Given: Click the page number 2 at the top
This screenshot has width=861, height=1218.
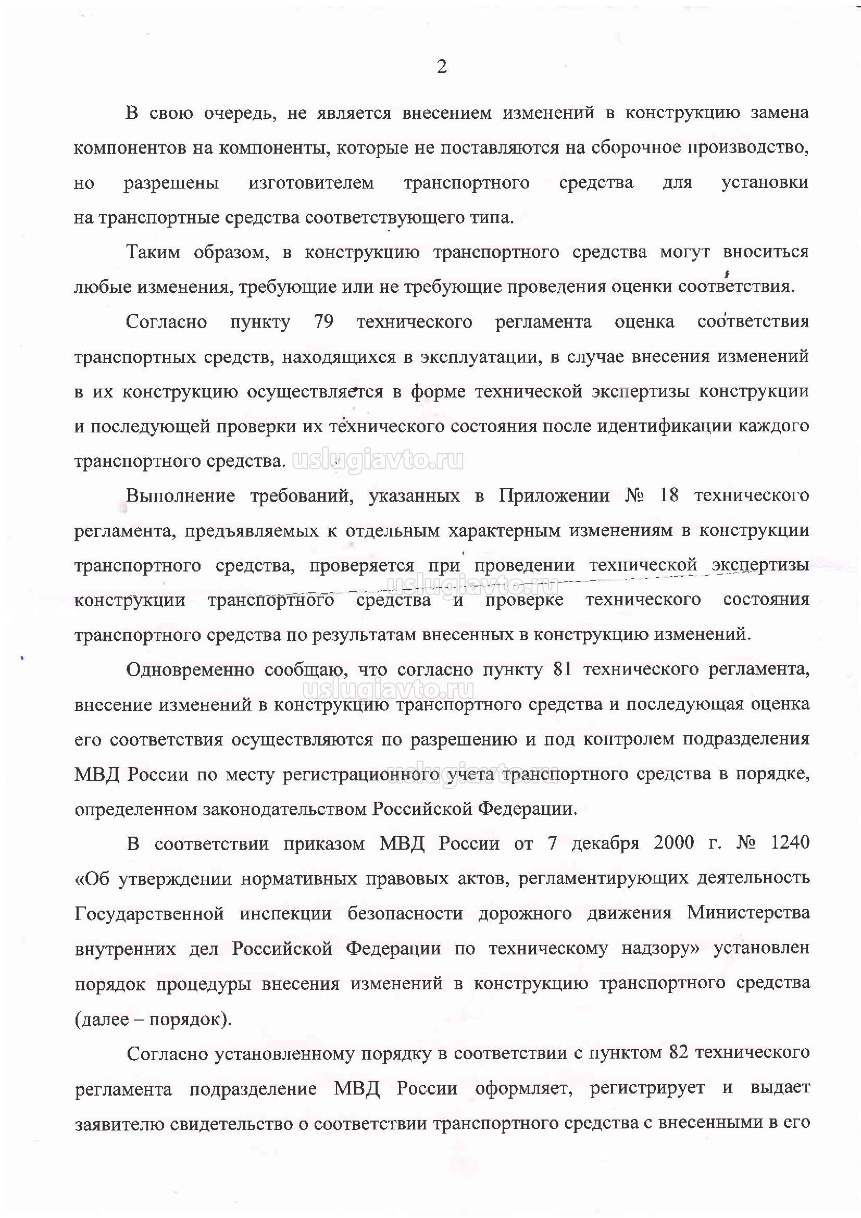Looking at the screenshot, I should click(441, 67).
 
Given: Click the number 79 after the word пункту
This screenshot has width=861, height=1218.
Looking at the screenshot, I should click(323, 322).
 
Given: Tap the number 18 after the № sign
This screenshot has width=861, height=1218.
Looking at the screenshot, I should click(668, 495).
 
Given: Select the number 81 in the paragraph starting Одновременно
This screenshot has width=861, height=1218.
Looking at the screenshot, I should click(563, 670).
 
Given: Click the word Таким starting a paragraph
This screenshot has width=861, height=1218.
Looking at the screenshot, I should click(153, 252).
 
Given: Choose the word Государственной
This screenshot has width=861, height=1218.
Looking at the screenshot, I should click(149, 914).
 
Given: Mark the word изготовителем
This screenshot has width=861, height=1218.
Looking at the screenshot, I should click(311, 183).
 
